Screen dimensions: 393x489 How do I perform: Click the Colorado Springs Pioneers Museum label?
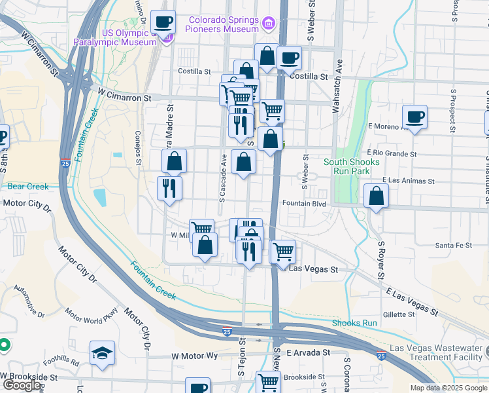pyautogui.click(x=223, y=24)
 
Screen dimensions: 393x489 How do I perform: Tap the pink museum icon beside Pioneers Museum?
pyautogui.click(x=267, y=25)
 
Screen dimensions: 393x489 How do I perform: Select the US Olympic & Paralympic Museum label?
pyautogui.click(x=129, y=37)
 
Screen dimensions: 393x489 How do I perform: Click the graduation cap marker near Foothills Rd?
pyautogui.click(x=103, y=354)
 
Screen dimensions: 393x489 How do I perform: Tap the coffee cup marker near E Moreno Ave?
pyautogui.click(x=414, y=118)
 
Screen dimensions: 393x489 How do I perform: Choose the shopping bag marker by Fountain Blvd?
pyautogui.click(x=377, y=196)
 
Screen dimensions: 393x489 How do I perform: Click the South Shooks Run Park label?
pyautogui.click(x=351, y=167)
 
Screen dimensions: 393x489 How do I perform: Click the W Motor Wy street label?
pyautogui.click(x=194, y=356)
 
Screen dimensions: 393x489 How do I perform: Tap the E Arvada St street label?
pyautogui.click(x=306, y=352)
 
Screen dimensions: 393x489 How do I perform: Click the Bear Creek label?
pyautogui.click(x=28, y=187)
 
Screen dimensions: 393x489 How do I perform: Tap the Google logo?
pyautogui.click(x=21, y=385)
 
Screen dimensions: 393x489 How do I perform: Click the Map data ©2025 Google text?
pyautogui.click(x=448, y=388)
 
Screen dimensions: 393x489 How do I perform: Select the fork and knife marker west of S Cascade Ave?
pyautogui.click(x=170, y=189)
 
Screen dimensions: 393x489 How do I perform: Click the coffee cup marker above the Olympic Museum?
pyautogui.click(x=163, y=23)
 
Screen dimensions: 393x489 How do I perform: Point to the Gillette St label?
pyautogui.click(x=399, y=314)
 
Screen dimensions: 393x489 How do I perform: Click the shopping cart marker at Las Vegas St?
pyautogui.click(x=282, y=251)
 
